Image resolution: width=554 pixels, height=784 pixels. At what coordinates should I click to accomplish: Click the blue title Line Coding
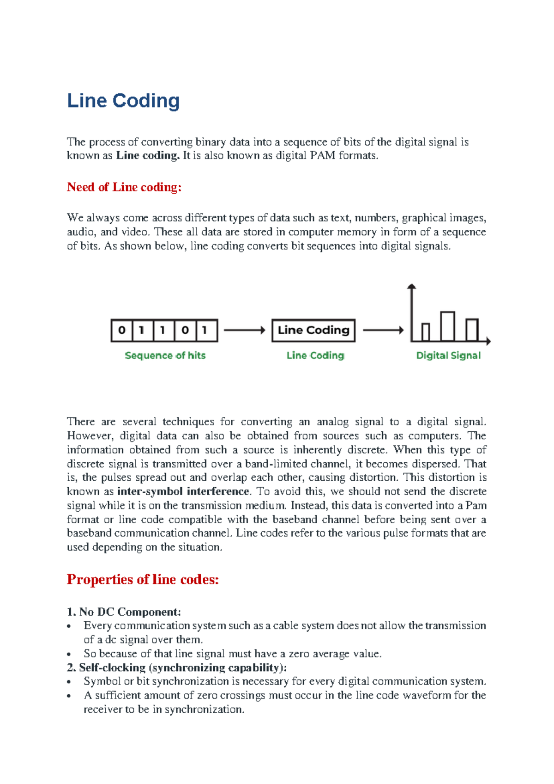click(x=123, y=101)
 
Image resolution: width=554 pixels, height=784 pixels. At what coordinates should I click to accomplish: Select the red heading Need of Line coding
click(x=124, y=187)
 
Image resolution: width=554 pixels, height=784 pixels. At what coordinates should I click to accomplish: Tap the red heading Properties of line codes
click(x=143, y=579)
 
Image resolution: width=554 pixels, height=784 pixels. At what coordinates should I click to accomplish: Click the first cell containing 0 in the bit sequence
click(x=122, y=330)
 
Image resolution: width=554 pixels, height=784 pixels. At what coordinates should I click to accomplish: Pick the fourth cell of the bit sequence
click(x=185, y=330)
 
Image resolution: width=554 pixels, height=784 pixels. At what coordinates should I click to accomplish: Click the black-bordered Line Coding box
click(x=313, y=330)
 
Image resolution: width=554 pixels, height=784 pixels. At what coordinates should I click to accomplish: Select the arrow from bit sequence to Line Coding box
click(x=244, y=330)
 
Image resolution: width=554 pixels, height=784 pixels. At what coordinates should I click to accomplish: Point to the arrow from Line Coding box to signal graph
click(x=383, y=330)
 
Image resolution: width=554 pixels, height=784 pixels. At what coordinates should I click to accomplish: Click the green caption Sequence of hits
click(x=165, y=355)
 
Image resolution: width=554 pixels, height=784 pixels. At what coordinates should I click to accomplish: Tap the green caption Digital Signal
click(x=448, y=355)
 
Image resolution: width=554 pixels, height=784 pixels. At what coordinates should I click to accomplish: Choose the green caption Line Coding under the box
click(x=315, y=355)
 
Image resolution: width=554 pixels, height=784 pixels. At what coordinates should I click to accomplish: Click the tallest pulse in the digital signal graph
click(x=447, y=326)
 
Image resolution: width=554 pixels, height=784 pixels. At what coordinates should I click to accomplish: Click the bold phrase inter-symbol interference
click(x=183, y=491)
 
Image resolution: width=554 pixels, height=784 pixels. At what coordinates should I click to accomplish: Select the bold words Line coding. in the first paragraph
click(x=148, y=155)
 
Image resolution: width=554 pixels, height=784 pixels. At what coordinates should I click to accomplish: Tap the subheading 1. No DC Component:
click(x=124, y=612)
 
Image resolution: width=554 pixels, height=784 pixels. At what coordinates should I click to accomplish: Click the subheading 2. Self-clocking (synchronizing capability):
click(x=177, y=668)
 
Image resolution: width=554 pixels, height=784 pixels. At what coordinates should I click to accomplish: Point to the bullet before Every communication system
click(x=69, y=627)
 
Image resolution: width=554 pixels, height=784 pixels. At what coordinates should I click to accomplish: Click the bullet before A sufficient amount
click(x=69, y=696)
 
